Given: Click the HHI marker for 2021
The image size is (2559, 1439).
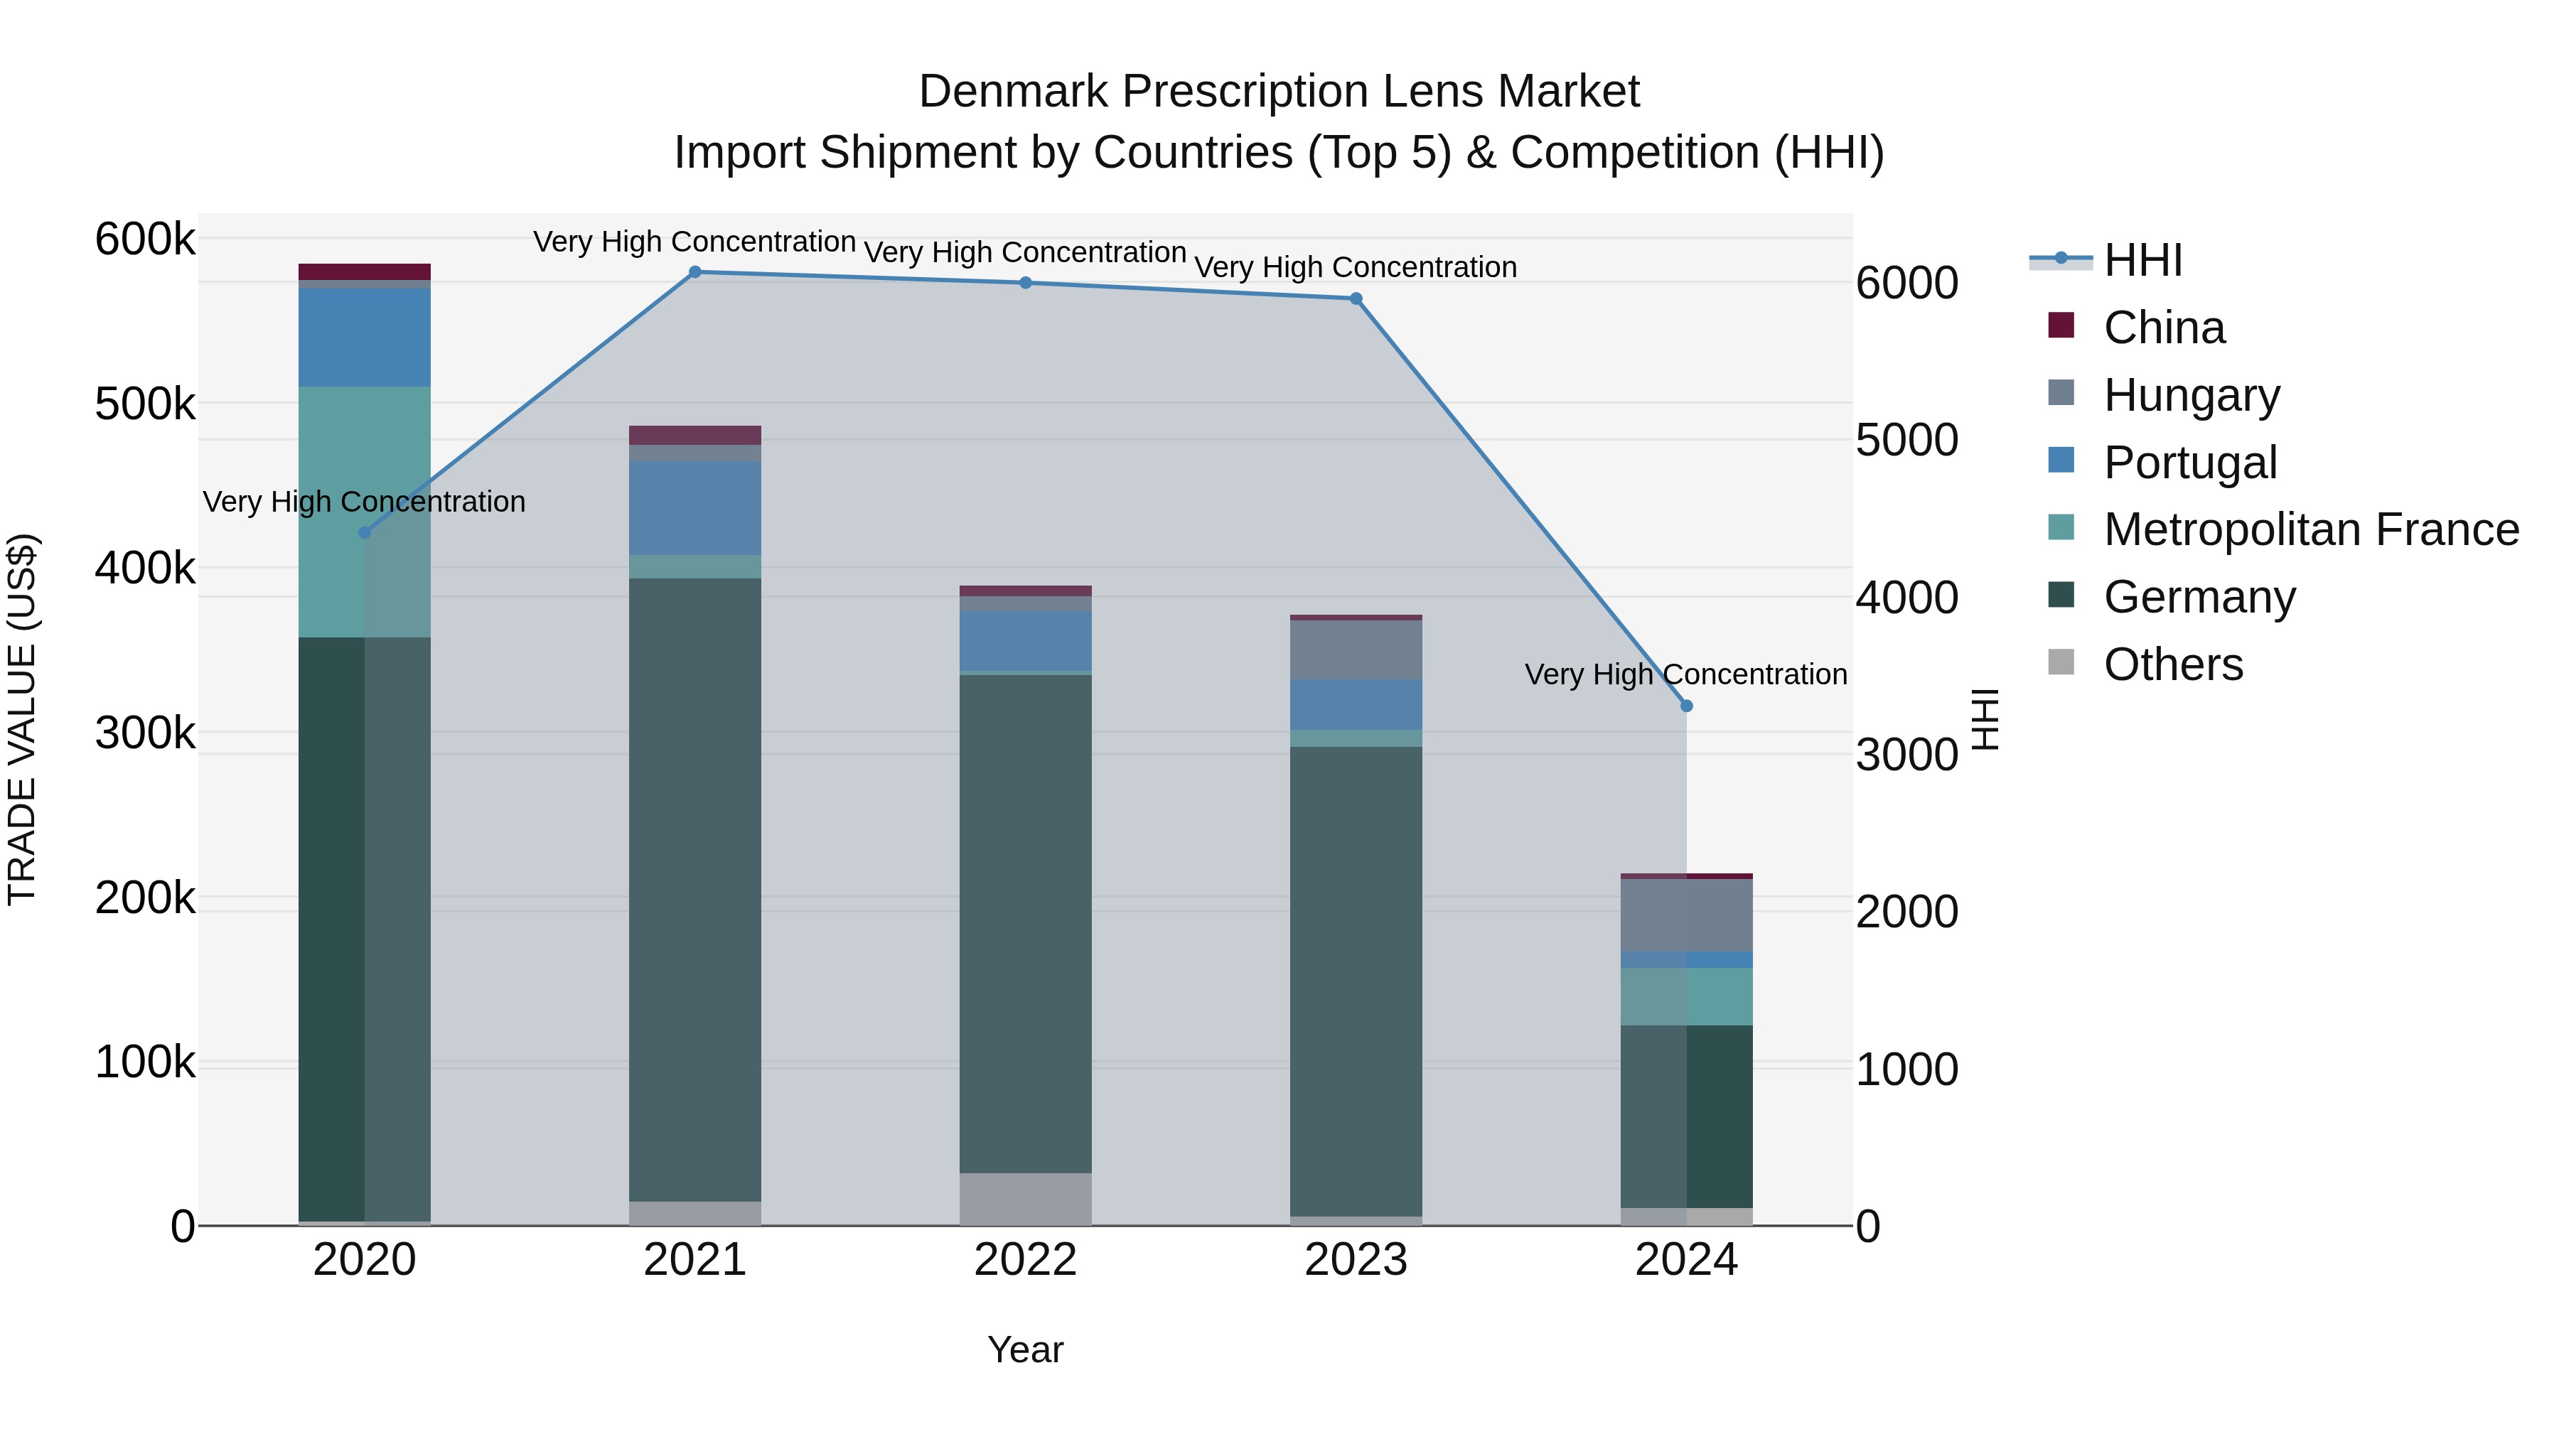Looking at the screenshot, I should tap(695, 272).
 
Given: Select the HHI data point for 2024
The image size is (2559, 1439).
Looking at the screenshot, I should tap(1686, 706).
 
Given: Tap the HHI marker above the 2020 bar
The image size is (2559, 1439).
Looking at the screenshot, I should tap(365, 533).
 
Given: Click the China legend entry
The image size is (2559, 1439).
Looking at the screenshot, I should tap(2164, 328).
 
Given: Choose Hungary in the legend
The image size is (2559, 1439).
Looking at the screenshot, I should tap(2191, 395).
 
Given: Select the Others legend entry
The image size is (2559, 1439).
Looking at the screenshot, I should tap(2172, 664).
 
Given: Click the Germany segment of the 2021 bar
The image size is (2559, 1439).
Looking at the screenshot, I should tap(695, 889).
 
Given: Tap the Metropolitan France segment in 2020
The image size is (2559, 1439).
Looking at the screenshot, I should tap(365, 512).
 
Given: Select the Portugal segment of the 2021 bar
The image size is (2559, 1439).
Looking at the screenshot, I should tap(695, 507).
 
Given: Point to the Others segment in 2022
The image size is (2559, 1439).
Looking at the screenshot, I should tap(1025, 1199).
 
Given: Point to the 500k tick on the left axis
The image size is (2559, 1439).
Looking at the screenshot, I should tap(145, 404).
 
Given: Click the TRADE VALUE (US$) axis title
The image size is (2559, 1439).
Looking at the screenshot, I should tap(22, 719).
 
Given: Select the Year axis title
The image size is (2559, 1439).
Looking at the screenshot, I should tap(1025, 1349).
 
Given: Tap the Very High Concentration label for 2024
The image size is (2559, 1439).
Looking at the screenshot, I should tap(1686, 674).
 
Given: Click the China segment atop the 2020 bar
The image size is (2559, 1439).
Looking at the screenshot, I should tap(365, 272).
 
